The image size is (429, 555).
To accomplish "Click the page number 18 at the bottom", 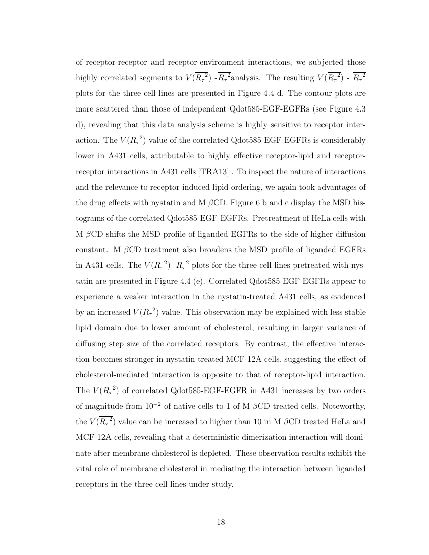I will (x=221, y=522).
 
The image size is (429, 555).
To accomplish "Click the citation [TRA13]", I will (x=216, y=172).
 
